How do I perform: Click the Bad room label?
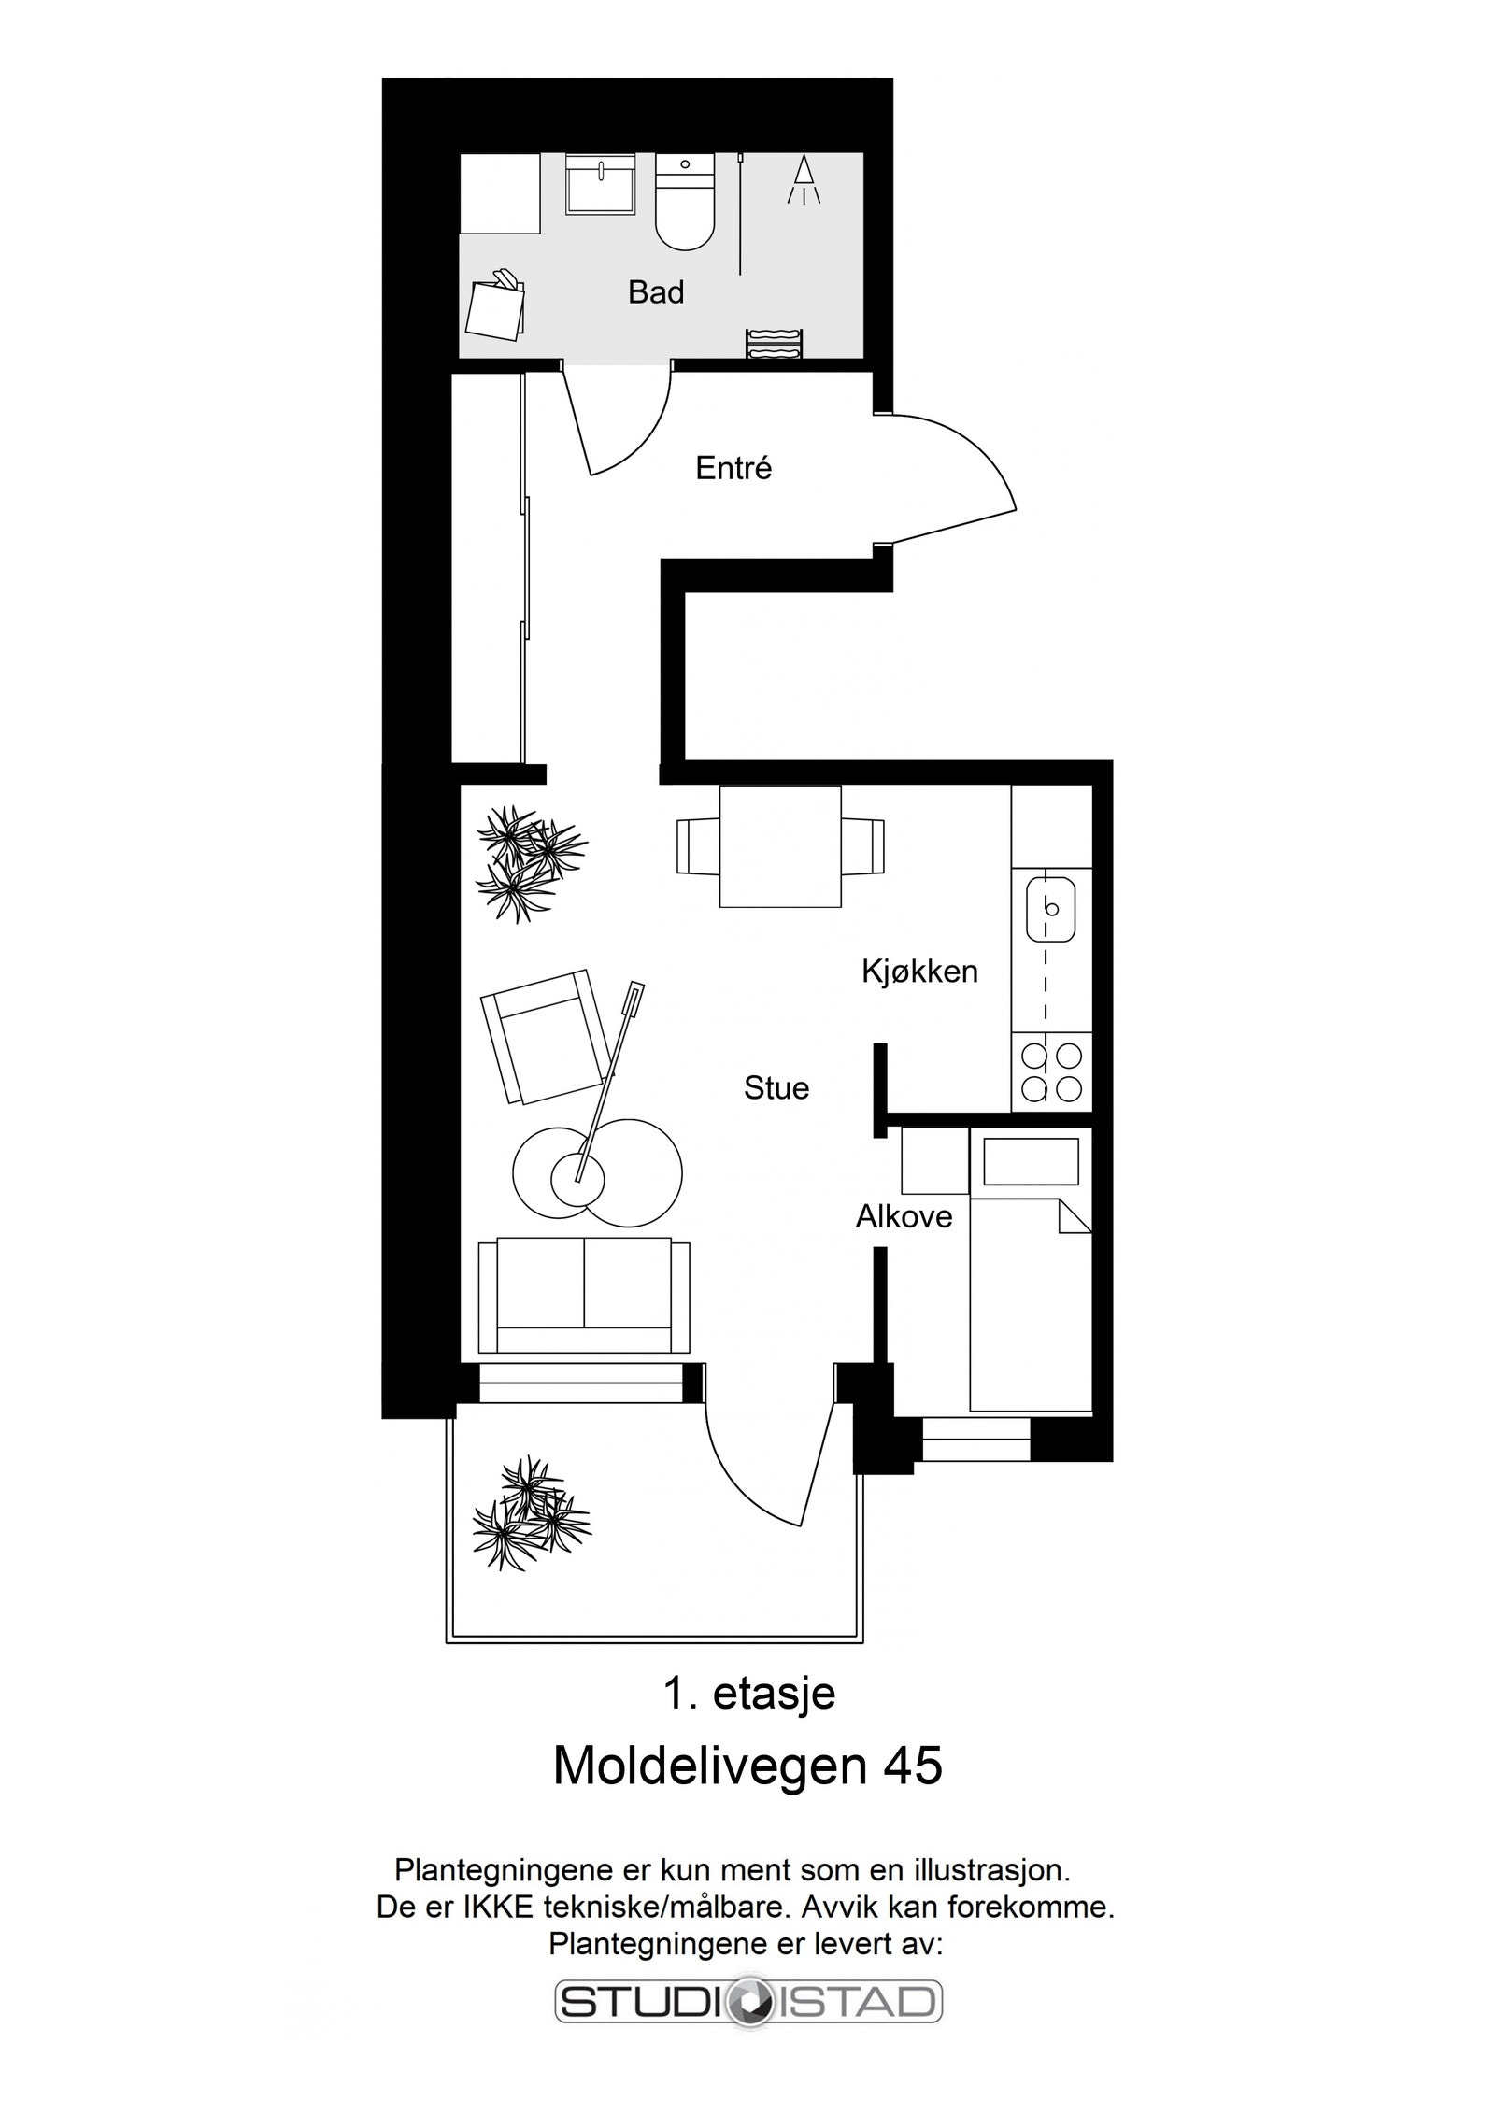tap(655, 292)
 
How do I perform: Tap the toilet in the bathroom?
tap(685, 203)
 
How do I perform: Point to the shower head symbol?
tap(802, 179)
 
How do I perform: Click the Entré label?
tap(733, 468)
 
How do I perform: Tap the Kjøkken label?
tap(919, 972)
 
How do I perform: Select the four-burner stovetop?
tap(1051, 1071)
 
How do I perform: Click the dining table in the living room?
tap(780, 846)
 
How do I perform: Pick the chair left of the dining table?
tap(698, 846)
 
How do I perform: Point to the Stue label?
tap(776, 1088)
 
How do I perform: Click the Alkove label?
tap(904, 1217)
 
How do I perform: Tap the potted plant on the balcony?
tap(531, 1513)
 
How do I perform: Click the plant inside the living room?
tap(530, 864)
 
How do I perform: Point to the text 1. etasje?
tap(748, 1695)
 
